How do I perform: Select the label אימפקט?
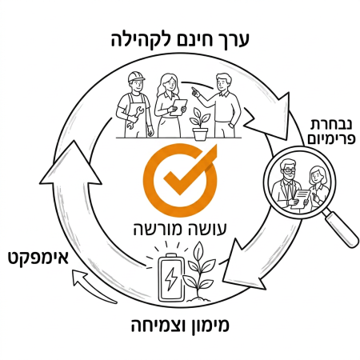(x=38, y=258)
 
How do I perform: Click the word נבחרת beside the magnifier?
(x=331, y=125)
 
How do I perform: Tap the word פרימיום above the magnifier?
(x=331, y=139)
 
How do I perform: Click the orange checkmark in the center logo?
(x=190, y=170)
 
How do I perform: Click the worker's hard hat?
(x=136, y=77)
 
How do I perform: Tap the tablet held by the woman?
(x=178, y=107)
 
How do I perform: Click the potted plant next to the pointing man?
(x=200, y=124)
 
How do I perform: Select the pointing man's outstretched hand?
(x=196, y=92)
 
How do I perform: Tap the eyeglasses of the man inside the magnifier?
(x=289, y=170)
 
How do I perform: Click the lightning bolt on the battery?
(x=170, y=279)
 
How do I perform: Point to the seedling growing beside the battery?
(x=199, y=272)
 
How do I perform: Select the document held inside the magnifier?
(x=301, y=199)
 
